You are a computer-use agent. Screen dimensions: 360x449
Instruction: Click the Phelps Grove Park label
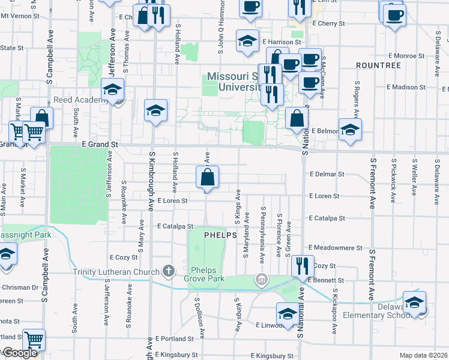point(207,275)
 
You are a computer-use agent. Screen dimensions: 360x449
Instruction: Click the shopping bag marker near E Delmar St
point(207,178)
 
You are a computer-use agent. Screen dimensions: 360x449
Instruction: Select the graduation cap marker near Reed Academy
point(112,90)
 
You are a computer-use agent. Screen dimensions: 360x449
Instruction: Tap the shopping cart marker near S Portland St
point(34,341)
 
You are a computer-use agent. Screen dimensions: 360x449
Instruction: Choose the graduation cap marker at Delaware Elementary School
point(414,303)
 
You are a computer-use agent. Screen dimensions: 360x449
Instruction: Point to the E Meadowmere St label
point(336,247)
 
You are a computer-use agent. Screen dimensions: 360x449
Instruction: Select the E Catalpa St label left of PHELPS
point(175,227)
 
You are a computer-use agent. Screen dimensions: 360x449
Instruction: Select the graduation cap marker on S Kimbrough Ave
point(155,111)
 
